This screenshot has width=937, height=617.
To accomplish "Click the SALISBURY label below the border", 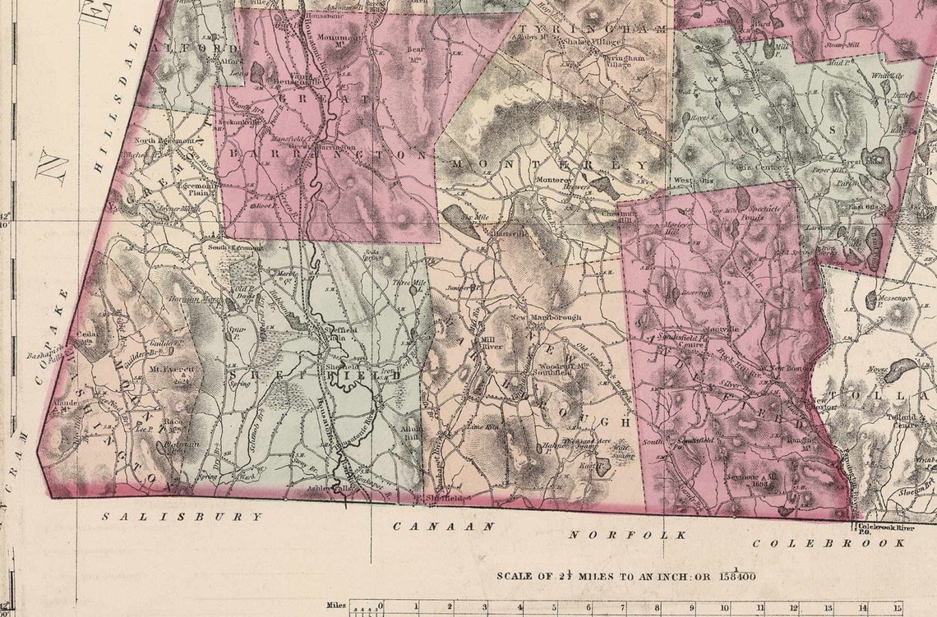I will (183, 517).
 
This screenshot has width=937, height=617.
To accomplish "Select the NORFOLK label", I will (628, 535).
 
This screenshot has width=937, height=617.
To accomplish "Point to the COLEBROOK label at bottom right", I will (829, 543).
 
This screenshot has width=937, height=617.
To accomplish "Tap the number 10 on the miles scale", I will (725, 606).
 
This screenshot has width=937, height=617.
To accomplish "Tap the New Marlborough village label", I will (534, 317).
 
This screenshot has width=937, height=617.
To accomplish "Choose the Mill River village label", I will (492, 342).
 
